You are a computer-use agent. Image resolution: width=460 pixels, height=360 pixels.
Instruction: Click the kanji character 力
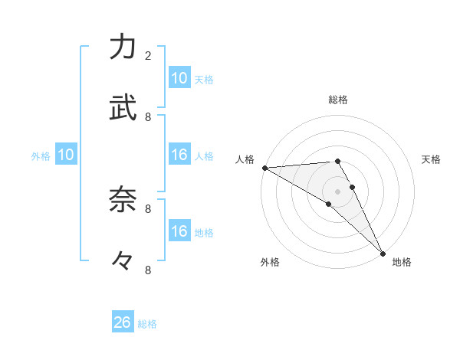click(123, 47)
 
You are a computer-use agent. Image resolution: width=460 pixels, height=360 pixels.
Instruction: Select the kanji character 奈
click(123, 200)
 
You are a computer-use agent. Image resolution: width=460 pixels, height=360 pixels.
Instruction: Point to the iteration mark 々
click(123, 261)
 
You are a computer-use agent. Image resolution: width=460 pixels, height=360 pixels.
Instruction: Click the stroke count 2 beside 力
click(148, 55)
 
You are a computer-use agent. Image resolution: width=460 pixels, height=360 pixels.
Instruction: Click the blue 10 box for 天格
click(179, 78)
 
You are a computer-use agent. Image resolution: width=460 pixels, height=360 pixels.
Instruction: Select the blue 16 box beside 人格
click(179, 155)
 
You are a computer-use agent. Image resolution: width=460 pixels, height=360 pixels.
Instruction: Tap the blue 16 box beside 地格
click(179, 231)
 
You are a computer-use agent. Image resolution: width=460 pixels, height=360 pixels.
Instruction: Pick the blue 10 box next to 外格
click(66, 155)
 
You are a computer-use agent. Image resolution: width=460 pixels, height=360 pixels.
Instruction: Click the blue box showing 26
click(123, 322)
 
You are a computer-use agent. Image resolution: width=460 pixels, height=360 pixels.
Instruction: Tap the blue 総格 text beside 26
click(148, 324)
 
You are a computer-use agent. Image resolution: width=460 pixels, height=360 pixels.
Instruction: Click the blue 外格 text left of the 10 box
click(41, 156)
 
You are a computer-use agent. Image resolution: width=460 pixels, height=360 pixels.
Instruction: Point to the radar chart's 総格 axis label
click(338, 100)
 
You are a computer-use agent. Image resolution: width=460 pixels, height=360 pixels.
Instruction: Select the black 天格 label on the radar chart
click(432, 159)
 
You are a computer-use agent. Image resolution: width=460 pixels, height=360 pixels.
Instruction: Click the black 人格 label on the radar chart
click(245, 159)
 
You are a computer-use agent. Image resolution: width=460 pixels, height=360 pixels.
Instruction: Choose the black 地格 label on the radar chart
click(402, 262)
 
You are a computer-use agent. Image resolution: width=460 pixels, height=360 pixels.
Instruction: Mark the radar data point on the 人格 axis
click(264, 168)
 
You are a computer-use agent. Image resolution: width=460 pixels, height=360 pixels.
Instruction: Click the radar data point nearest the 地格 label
click(383, 253)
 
